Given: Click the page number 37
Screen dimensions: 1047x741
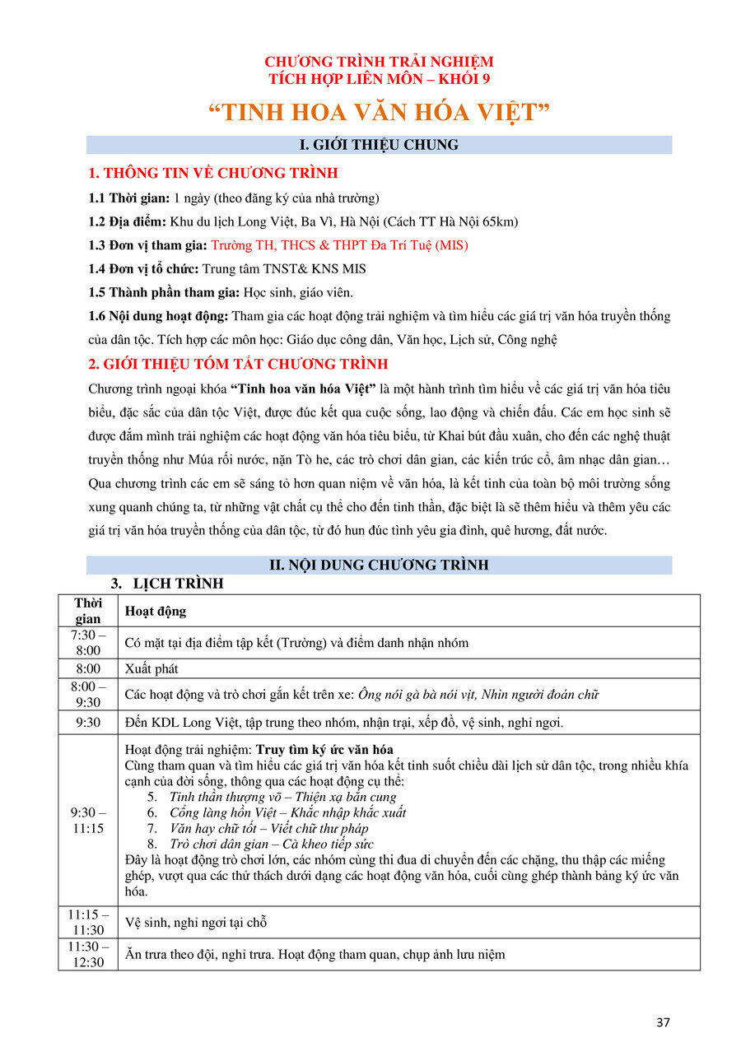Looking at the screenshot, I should (x=664, y=1022).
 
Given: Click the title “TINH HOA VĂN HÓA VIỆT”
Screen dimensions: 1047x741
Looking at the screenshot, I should (x=379, y=113).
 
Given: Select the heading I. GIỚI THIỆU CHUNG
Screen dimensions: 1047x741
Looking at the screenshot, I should (x=379, y=145).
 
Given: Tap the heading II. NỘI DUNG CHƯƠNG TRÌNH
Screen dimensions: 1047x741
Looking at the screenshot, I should (x=379, y=565).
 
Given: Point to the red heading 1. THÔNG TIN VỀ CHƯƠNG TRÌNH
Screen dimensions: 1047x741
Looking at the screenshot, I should (x=212, y=174).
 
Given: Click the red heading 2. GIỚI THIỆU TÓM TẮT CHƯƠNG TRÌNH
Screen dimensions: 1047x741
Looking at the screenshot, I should (x=238, y=364).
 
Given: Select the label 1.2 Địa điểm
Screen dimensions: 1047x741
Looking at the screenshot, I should (x=128, y=221).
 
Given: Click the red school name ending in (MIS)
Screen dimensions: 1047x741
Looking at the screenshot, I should (x=339, y=245).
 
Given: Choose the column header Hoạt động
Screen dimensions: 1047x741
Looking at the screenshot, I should (x=155, y=612).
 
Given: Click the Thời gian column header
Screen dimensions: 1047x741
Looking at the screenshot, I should (x=88, y=611).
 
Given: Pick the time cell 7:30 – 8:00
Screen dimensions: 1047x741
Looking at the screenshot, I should (x=88, y=643).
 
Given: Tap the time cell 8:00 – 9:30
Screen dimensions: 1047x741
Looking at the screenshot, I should (x=88, y=695).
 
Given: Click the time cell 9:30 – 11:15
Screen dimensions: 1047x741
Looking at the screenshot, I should (x=88, y=821).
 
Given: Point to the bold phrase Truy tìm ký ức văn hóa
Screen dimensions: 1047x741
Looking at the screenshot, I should (x=324, y=750).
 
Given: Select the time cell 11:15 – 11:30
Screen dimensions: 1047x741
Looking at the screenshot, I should (x=88, y=923).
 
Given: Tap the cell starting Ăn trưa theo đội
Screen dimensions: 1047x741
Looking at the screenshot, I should (x=315, y=955).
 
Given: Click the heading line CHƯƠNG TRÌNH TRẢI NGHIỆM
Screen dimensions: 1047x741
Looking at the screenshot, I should (x=379, y=62).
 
